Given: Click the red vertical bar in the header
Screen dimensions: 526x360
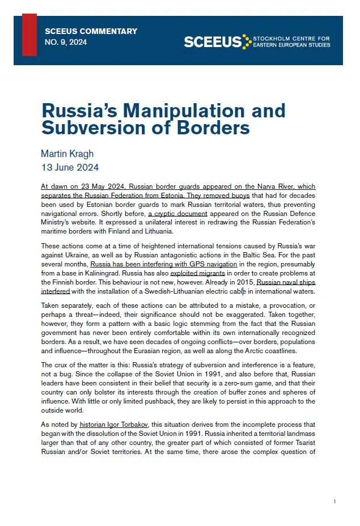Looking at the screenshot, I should click(x=29, y=35).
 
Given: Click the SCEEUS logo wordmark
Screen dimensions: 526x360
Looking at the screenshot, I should click(x=213, y=42).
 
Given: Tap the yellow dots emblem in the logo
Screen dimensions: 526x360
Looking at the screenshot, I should click(x=247, y=41).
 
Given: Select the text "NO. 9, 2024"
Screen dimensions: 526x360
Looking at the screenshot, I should click(x=66, y=42).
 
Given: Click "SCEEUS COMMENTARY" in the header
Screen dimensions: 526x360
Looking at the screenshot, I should click(x=91, y=31).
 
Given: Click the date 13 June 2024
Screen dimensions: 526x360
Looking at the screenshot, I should click(x=70, y=167).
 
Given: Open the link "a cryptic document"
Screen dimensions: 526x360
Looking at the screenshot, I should click(x=178, y=214).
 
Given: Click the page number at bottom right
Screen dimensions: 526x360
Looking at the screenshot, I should click(x=334, y=502).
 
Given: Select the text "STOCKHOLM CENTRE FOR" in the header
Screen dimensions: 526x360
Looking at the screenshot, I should click(x=292, y=39).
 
